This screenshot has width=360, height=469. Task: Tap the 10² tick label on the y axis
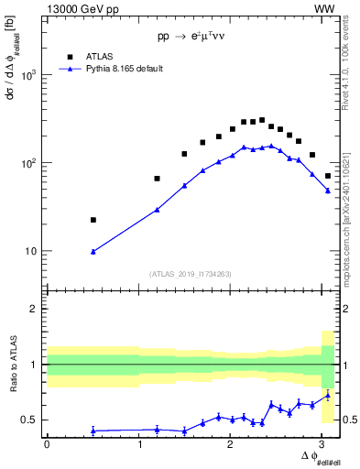pos(30,163)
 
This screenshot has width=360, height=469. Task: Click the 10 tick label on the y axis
pos(33,251)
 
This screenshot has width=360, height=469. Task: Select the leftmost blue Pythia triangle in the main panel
pos(93,251)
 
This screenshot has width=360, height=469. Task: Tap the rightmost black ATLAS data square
pos(328,176)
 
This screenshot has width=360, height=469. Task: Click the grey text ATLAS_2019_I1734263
pos(190,273)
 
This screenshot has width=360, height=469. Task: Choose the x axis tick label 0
pos(47,444)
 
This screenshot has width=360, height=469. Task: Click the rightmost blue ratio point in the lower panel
pos(328,396)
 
